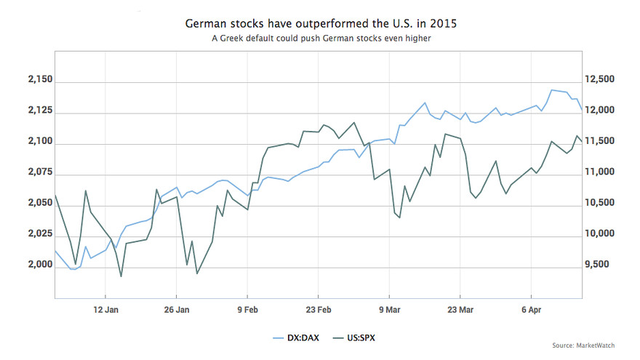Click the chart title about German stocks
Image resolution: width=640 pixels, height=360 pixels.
pos(321,24)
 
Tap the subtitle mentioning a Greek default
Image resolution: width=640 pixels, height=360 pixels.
pos(321,39)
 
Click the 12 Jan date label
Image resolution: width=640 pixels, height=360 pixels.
pos(105,308)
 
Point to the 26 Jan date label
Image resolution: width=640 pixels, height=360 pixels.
pos(177,308)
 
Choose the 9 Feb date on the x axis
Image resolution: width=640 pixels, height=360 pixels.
pos(247,308)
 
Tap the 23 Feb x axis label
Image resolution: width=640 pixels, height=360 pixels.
pos(319,308)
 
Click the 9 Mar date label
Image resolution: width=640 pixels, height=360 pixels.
pos(390,308)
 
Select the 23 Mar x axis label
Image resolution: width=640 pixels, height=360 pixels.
pos(461,308)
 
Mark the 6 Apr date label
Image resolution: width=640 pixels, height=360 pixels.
pos(532,308)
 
